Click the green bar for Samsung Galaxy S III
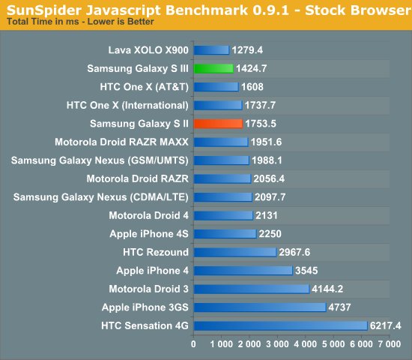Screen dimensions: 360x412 (212, 68)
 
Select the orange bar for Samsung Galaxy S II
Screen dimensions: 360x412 (218, 123)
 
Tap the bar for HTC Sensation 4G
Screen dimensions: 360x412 (281, 325)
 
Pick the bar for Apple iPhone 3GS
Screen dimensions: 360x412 (260, 307)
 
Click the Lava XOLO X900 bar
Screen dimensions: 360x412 (211, 50)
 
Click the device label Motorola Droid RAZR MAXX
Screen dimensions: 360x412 (121, 142)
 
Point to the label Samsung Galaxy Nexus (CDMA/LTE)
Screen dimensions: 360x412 (101, 196)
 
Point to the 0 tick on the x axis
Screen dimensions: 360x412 (194, 344)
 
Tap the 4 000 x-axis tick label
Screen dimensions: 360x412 (304, 344)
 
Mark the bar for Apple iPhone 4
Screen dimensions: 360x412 (243, 270)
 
